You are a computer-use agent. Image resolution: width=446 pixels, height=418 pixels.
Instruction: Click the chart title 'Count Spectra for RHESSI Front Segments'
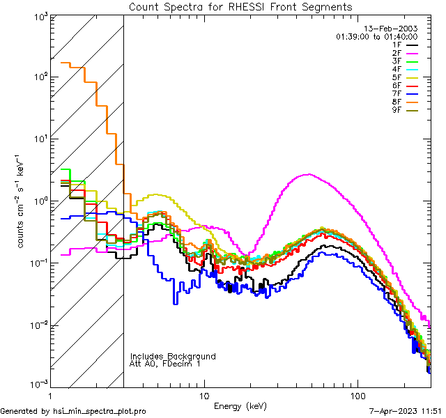240,6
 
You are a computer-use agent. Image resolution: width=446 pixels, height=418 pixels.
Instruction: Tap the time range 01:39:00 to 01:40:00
376,36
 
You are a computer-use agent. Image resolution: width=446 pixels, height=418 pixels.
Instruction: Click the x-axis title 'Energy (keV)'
240,406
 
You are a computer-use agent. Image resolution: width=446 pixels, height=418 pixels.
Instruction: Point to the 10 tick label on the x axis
204,395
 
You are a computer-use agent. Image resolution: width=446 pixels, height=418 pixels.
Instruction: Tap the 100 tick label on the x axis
357,395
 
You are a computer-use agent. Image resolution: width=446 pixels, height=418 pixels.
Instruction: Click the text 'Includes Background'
173,356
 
